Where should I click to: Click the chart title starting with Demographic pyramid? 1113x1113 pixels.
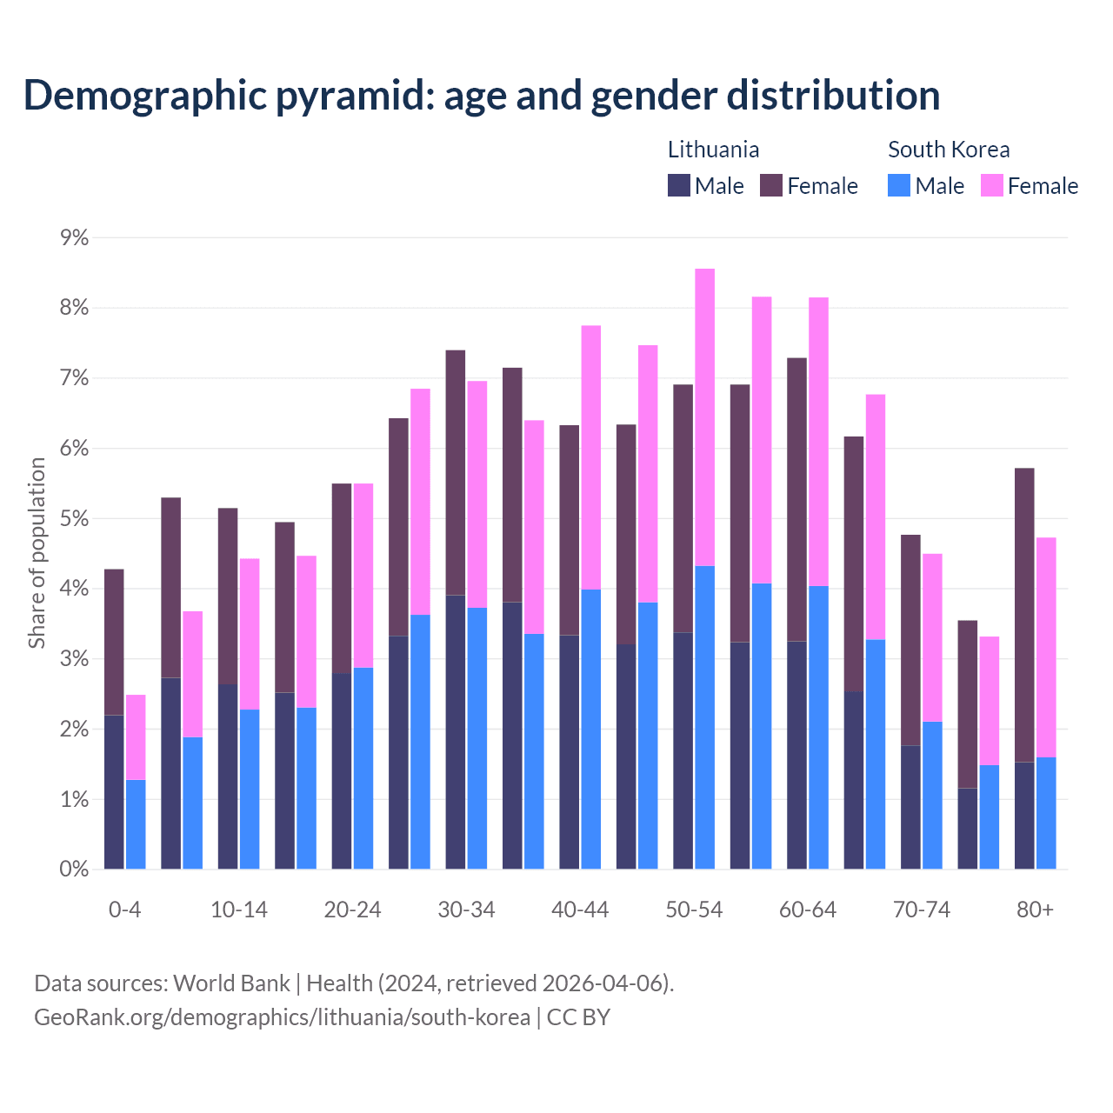481,96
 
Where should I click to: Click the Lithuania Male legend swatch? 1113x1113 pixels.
678,185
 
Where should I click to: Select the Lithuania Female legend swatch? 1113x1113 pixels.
771,185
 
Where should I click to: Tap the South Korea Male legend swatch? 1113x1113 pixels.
899,185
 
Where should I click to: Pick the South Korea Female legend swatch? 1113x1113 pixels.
991,185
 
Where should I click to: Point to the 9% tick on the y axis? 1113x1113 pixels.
74,237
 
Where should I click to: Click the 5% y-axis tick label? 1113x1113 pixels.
74,519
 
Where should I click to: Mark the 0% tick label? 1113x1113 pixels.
74,870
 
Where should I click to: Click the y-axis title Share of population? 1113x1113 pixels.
37,553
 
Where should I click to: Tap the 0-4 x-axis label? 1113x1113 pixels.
124,910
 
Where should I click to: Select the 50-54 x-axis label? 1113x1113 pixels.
694,910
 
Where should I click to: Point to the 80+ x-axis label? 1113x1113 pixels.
1035,910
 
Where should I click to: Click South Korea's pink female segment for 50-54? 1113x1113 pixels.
705,417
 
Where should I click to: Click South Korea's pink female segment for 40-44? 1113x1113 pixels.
591,457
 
